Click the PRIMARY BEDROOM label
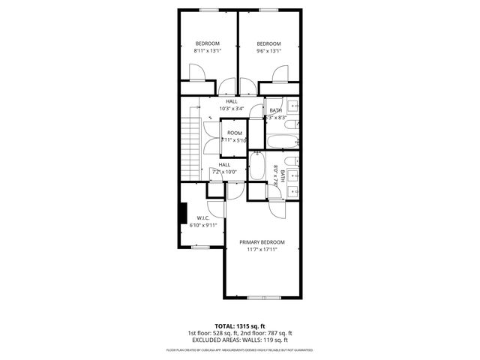coord(262,242)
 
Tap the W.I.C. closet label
coord(202,218)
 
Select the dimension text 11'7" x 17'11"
coord(262,250)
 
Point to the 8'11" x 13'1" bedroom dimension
coord(208,52)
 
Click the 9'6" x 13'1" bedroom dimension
coord(268,52)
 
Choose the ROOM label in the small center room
coord(235,133)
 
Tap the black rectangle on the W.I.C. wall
coord(182,212)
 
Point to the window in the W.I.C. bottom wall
coord(200,247)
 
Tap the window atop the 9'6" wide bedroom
coord(268,10)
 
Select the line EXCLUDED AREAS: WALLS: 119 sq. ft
coord(239,340)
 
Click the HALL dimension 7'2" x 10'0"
coord(224,172)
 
